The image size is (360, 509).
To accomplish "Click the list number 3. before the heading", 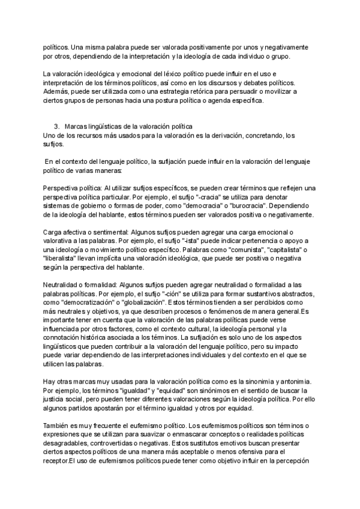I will click(56, 126).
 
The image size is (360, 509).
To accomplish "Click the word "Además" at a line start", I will click(58, 91).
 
